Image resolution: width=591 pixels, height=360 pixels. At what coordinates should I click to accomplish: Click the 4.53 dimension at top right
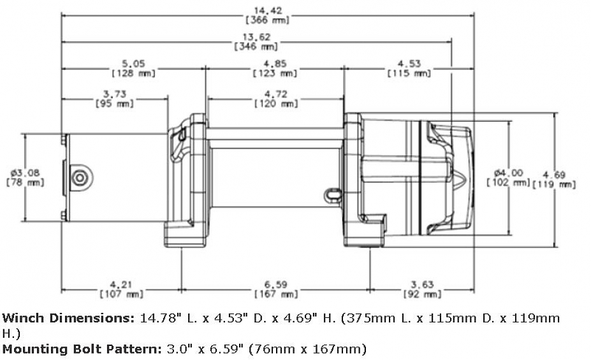(x=409, y=63)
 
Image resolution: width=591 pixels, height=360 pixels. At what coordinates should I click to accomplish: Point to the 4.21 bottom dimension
(x=121, y=284)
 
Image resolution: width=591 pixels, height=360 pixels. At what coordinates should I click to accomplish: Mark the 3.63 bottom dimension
(x=423, y=284)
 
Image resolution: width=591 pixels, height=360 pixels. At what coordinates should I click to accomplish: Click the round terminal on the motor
(x=80, y=178)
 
